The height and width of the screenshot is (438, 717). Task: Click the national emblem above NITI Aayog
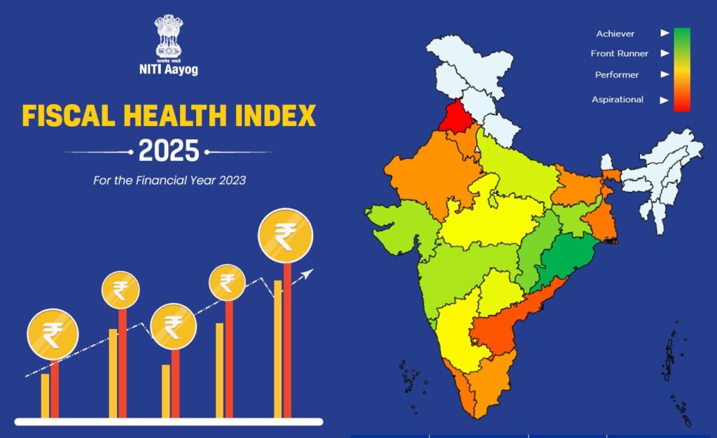click(x=168, y=36)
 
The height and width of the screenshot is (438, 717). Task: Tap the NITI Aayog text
click(x=168, y=70)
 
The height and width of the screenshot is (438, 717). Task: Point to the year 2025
click(x=169, y=151)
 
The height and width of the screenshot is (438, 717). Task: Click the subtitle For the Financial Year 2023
click(x=169, y=180)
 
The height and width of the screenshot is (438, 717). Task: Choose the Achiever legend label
click(x=615, y=34)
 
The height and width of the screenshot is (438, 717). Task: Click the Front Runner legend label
click(x=619, y=53)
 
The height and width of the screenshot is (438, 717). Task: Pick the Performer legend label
click(x=617, y=74)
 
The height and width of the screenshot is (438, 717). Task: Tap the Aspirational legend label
click(x=617, y=99)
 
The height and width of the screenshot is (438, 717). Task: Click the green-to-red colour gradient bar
click(x=681, y=69)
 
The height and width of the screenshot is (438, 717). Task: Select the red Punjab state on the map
click(x=456, y=115)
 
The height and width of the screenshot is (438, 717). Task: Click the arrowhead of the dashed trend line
click(x=309, y=272)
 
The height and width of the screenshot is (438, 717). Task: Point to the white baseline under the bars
click(x=168, y=422)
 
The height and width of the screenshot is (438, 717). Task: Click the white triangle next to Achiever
click(x=664, y=33)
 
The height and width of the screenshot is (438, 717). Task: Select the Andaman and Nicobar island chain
click(x=674, y=371)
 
